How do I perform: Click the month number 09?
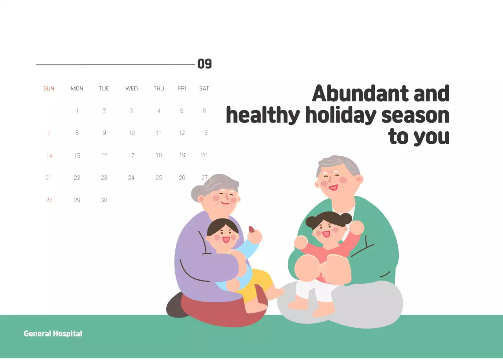[204, 64]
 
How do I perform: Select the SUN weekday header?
[49, 88]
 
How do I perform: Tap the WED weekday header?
[131, 88]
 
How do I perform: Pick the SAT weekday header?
[204, 88]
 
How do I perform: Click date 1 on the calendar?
[77, 111]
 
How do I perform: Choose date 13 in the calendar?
[204, 133]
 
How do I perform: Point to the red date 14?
[49, 156]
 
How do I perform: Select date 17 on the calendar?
[131, 156]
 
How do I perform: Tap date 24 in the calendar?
[131, 178]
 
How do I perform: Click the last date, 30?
[104, 200]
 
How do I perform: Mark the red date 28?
[49, 200]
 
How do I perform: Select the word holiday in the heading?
[340, 116]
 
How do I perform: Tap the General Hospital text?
[53, 334]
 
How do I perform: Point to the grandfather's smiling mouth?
[333, 187]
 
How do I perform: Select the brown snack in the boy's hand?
[251, 229]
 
